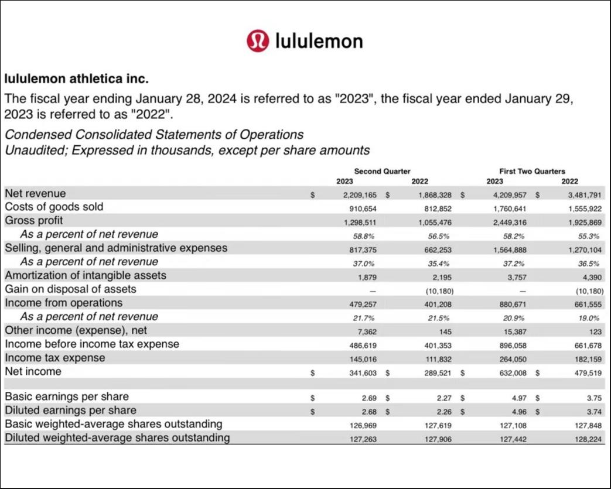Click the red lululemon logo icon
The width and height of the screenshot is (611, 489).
pyautogui.click(x=257, y=41)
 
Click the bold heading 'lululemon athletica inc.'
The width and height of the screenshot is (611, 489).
pyautogui.click(x=77, y=78)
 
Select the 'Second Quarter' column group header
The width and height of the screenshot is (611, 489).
pyautogui.click(x=382, y=171)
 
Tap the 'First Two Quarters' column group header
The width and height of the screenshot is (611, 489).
pyautogui.click(x=532, y=171)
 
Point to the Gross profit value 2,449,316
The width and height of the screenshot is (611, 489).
pyautogui.click(x=510, y=222)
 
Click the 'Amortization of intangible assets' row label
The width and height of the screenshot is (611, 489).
pyautogui.click(x=86, y=275)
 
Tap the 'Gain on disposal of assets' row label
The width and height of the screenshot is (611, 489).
pyautogui.click(x=70, y=289)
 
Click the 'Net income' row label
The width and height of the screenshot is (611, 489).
pyautogui.click(x=33, y=372)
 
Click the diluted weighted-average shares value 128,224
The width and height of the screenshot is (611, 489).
pyautogui.click(x=588, y=439)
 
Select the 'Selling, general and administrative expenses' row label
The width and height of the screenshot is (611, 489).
pyautogui.click(x=116, y=248)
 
